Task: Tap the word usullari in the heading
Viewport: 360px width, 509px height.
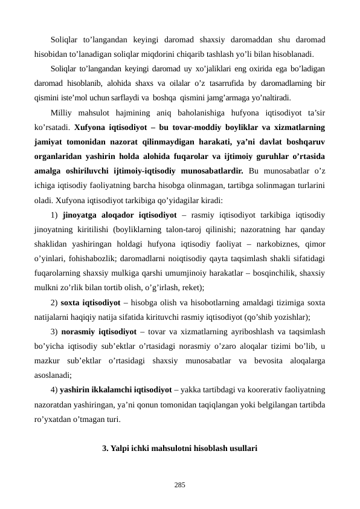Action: point(243,449)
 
